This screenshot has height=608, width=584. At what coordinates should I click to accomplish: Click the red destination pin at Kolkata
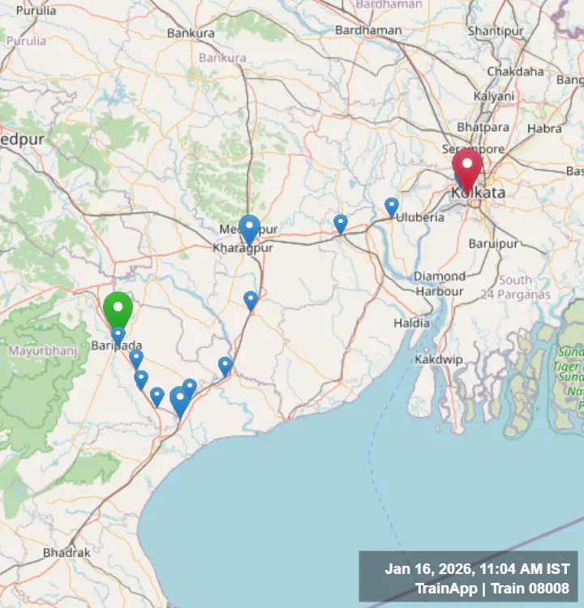coord(466,167)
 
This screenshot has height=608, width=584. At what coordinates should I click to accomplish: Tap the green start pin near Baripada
coord(118,309)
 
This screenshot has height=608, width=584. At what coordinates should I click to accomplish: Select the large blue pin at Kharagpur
coord(249,228)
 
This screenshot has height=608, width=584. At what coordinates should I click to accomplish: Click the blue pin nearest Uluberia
coord(392,207)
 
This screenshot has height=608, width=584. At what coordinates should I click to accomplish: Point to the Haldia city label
coord(411,323)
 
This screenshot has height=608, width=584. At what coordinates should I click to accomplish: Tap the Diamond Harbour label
coord(440,284)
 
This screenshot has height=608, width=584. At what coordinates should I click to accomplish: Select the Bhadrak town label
coord(67,552)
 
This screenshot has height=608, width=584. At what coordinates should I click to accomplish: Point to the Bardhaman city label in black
coord(368,30)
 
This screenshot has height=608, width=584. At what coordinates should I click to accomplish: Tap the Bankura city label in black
coord(191,33)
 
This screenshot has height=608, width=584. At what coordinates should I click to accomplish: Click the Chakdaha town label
coord(515,71)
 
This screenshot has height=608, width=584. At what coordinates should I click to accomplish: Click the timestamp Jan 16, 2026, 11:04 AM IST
coord(477,569)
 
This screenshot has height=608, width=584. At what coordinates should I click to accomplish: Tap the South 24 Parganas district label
coord(515,287)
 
